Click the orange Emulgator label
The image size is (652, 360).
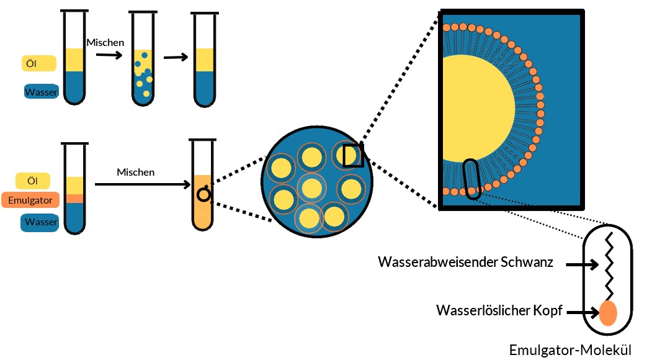tap(30, 200)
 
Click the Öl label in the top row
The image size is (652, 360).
tap(39, 63)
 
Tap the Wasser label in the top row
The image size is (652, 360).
tap(41, 92)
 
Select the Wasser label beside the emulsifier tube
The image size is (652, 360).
tap(41, 222)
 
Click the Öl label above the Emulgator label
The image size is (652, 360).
tap(40, 181)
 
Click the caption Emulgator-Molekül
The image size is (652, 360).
tap(571, 349)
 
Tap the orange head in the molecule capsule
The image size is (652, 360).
tap(609, 313)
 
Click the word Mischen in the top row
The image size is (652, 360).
tap(105, 43)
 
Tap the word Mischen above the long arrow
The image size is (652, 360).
tap(136, 172)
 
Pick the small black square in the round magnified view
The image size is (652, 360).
tap(352, 155)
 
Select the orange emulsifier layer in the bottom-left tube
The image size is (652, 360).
tap(74, 199)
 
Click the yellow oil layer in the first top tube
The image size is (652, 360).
tap(74, 60)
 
